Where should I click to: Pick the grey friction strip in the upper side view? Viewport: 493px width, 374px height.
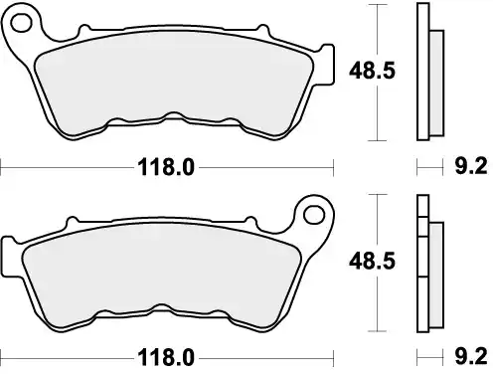pos(434,84)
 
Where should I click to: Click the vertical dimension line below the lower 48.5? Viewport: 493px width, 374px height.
pos(375,303)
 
